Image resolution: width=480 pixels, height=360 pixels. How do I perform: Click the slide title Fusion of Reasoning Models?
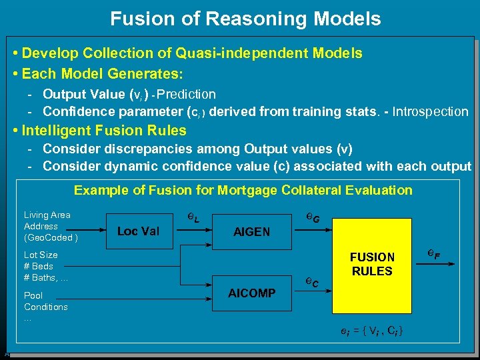pos(245,19)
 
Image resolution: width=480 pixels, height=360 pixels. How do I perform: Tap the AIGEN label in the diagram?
pos(251,232)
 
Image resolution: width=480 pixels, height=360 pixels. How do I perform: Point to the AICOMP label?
pos(251,293)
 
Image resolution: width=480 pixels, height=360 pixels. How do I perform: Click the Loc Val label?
pos(138,231)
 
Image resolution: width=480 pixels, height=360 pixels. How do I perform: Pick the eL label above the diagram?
pos(192,217)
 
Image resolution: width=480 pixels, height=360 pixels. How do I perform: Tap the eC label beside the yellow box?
pos(312,282)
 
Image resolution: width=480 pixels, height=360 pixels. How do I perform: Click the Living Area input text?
pos(47,215)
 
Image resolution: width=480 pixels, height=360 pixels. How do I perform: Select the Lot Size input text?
pos(41,255)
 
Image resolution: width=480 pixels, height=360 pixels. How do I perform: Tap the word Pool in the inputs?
pos(33,295)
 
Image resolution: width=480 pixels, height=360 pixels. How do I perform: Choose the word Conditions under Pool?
pos(46,307)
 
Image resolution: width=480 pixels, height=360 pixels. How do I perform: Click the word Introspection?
pos(430,112)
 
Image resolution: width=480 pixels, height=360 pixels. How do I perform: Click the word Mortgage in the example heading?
pos(245,190)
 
